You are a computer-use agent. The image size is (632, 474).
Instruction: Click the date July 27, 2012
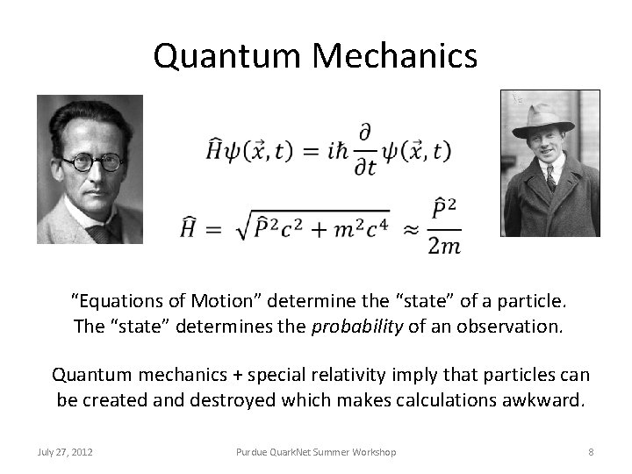[x=66, y=451]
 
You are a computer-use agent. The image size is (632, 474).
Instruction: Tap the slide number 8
[x=591, y=451]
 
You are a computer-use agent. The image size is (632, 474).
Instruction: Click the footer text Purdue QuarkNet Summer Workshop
[x=316, y=451]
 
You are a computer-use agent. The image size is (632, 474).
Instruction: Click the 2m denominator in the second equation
[x=444, y=246]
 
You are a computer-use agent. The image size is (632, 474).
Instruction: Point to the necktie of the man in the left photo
[x=98, y=231]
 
